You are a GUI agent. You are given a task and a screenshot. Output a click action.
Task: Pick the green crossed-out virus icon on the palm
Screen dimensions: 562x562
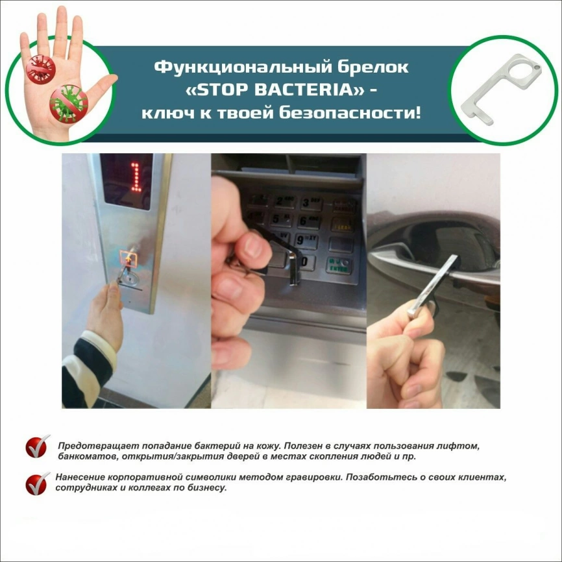(69, 103)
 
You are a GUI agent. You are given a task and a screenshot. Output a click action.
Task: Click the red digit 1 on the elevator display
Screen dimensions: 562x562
(135, 175)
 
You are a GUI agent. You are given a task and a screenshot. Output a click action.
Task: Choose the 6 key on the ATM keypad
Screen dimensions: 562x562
(308, 221)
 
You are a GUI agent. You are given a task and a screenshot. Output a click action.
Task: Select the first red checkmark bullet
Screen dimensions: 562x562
(37, 447)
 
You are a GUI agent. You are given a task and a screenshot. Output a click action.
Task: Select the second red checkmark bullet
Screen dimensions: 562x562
(37, 483)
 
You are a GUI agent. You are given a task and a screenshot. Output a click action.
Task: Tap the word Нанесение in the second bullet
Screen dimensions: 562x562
(79, 477)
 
